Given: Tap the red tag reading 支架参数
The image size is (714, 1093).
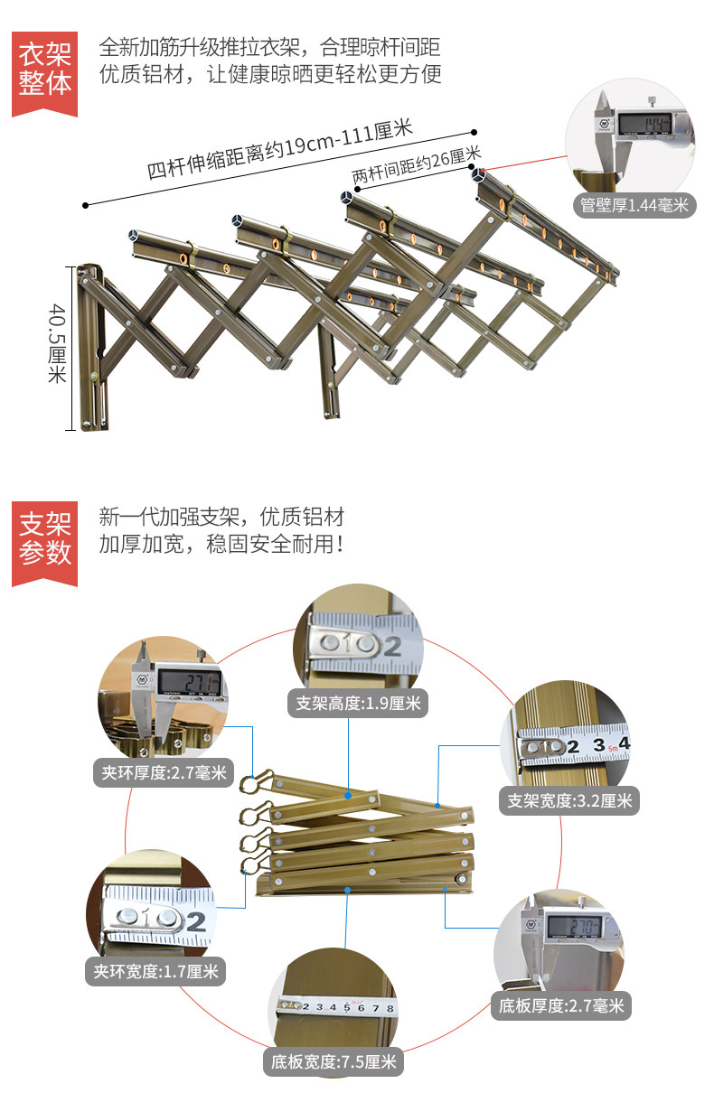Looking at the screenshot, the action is coord(45,538).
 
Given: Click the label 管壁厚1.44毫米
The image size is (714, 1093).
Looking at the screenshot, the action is coord(634,206).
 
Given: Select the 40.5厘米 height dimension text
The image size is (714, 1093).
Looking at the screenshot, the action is coord(57,343).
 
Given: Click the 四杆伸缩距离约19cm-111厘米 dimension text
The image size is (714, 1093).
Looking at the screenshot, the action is coord(279,148).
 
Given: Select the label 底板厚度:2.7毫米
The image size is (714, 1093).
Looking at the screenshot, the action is coord(560,1005).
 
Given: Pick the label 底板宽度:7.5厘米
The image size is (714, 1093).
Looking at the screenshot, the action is coord(334,1062).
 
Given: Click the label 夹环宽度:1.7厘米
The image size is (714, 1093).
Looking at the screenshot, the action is coord(155,972).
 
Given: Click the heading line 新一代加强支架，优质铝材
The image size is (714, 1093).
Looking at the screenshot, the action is coord(221,518).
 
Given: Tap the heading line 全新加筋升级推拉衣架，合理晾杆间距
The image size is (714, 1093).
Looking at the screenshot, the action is coord(270,47).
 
